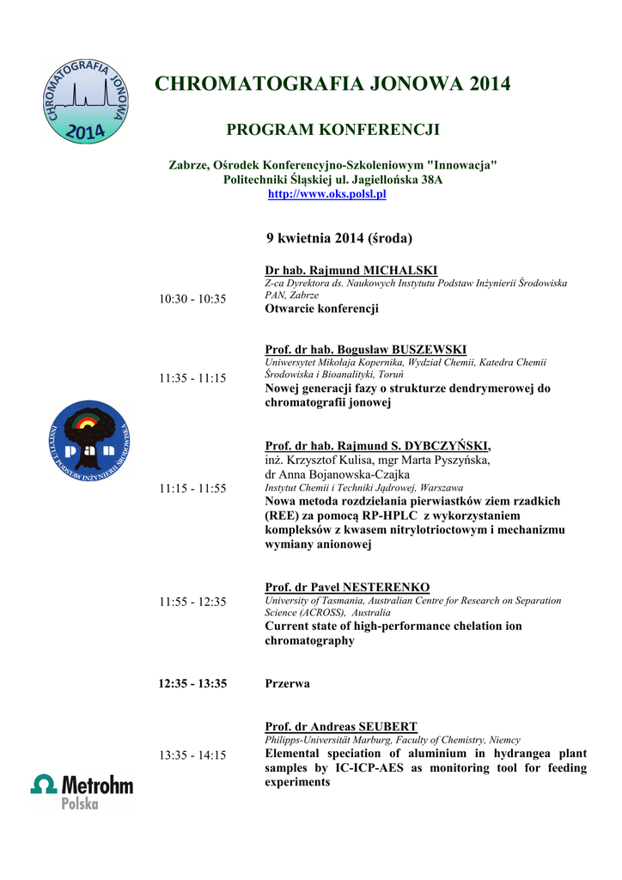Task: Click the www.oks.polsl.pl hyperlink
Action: pos(327,194)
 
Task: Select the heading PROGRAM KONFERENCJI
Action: pos(332,130)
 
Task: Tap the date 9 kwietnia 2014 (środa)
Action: pos(338,237)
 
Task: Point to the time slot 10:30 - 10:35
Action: pos(192,299)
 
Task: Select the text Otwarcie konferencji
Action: pos(321,309)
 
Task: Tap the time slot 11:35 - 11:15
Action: pos(192,378)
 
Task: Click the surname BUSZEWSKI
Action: pos(429,349)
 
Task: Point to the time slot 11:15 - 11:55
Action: pos(192,488)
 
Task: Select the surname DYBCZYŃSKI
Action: pos(442,445)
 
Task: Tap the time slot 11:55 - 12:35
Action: pos(192,602)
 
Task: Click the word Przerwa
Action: pos(287,683)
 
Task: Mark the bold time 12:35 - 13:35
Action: pos(192,683)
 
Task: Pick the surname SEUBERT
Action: pos(388,726)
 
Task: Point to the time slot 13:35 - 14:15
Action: pos(192,755)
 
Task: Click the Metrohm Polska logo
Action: pos(82,790)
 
